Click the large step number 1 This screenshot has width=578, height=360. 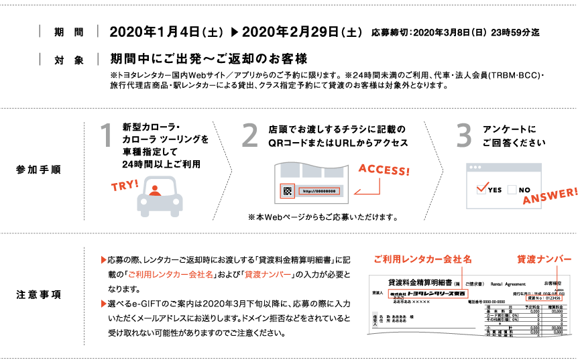pos(106,135)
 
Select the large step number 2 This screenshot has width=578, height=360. pos(249,135)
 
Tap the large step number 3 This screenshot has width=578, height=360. pos(464,135)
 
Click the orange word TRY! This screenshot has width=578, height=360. pos(125,185)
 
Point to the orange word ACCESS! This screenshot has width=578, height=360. pos(384,169)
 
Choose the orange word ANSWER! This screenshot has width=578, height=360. pos(550,196)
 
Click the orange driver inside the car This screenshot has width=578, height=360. pos(156,190)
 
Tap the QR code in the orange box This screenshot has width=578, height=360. pos(287,191)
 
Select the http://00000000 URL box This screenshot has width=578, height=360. pos(319,191)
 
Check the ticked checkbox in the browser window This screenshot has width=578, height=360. pos(482,189)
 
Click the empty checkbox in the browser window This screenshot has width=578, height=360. pos(512,190)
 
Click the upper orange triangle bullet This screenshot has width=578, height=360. pos(104,259)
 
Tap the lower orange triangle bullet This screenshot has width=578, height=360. pos(104,304)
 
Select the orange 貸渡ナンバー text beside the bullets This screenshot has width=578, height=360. pos(268,275)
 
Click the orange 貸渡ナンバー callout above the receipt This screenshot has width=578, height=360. pos(544,259)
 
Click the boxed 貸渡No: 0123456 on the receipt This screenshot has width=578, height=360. pos(544,298)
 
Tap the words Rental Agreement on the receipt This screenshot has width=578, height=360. pos(508,284)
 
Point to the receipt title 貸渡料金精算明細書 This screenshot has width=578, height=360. pos(419,283)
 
